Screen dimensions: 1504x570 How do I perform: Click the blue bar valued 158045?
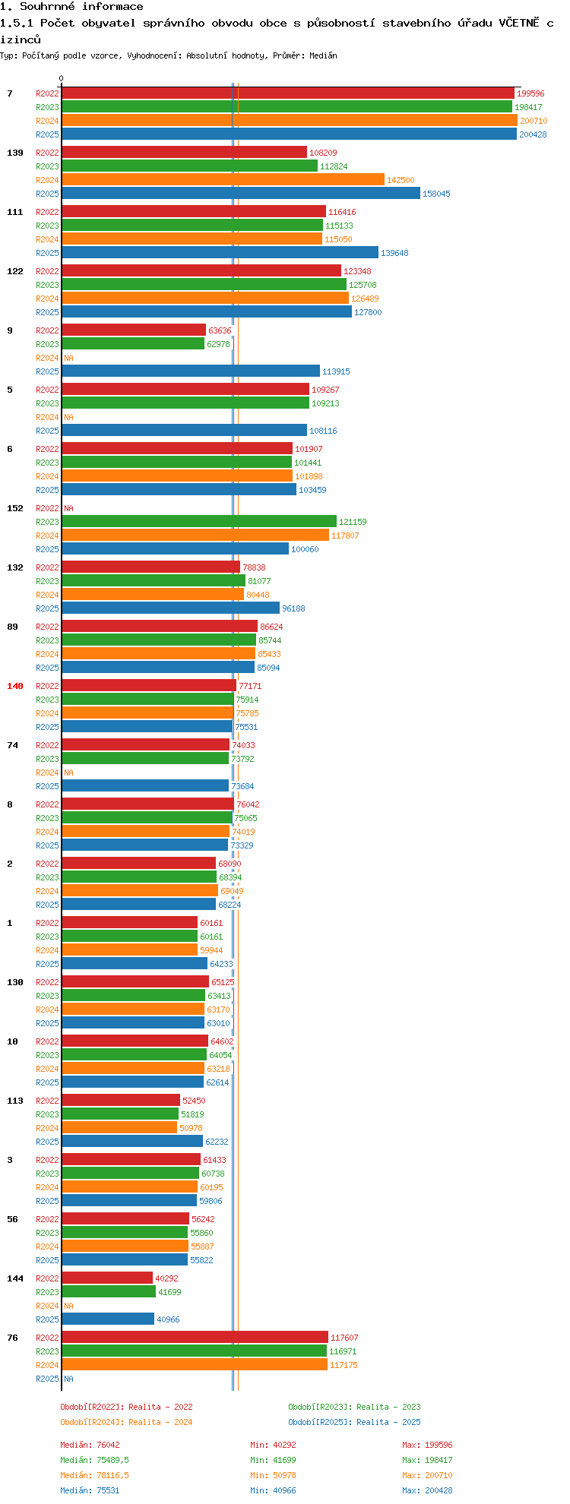click(x=241, y=194)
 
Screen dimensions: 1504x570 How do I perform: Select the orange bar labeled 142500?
click(x=223, y=180)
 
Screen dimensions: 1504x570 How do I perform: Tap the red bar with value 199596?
click(x=288, y=93)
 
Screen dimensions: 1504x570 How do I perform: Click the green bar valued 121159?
click(x=199, y=522)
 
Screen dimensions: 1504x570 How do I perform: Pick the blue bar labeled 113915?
click(x=191, y=371)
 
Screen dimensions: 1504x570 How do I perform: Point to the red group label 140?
click(x=15, y=686)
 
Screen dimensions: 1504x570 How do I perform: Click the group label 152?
click(x=15, y=508)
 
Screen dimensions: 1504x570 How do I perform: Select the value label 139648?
click(x=394, y=253)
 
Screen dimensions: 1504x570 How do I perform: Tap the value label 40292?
click(x=166, y=1278)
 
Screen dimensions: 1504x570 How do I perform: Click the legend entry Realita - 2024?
click(x=126, y=1422)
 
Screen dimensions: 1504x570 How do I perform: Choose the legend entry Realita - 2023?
click(x=354, y=1407)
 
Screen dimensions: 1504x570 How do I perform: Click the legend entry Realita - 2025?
click(x=354, y=1422)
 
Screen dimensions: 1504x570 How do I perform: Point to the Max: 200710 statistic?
click(x=427, y=1475)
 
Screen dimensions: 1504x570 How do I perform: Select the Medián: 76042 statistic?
click(x=90, y=1445)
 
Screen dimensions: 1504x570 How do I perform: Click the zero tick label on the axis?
click(x=62, y=79)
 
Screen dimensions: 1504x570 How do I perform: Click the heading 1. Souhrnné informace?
click(x=71, y=7)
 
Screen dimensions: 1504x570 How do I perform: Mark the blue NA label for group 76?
click(x=69, y=1379)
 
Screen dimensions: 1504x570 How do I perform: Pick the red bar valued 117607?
click(x=195, y=1338)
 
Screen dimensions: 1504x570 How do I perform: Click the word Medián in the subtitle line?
click(x=323, y=55)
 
